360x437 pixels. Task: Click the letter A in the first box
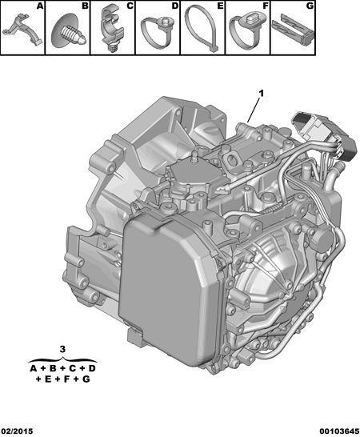click(41, 6)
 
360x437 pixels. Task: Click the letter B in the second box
click(86, 6)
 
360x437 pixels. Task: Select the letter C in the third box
click(130, 6)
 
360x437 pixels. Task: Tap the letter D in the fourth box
click(175, 6)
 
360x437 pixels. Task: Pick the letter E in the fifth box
click(220, 6)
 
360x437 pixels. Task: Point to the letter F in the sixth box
click(266, 6)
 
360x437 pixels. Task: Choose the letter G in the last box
click(310, 6)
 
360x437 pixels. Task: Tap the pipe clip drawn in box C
click(111, 30)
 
